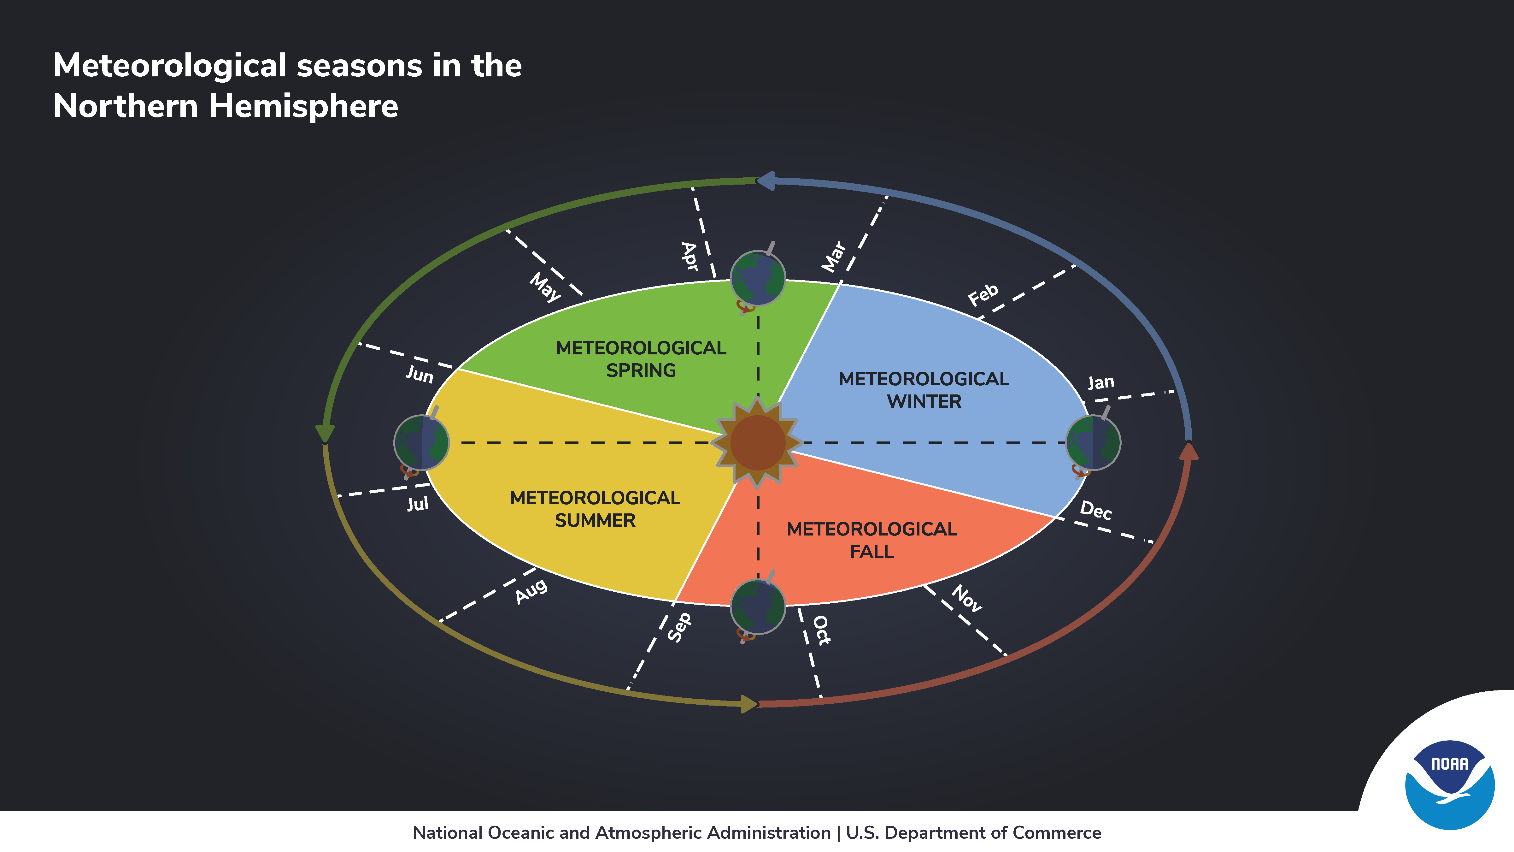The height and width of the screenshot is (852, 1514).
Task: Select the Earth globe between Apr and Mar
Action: (x=758, y=278)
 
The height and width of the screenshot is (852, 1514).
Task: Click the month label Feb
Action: (x=983, y=295)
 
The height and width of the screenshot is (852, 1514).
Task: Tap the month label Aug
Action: (x=531, y=591)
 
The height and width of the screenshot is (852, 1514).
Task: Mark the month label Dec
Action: (x=1095, y=510)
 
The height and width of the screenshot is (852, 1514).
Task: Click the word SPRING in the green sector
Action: (x=641, y=370)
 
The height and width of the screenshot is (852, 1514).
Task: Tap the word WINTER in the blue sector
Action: (x=924, y=402)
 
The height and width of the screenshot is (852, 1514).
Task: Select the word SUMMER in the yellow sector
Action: (x=595, y=520)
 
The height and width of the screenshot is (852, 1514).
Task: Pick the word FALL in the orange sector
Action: (x=871, y=552)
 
